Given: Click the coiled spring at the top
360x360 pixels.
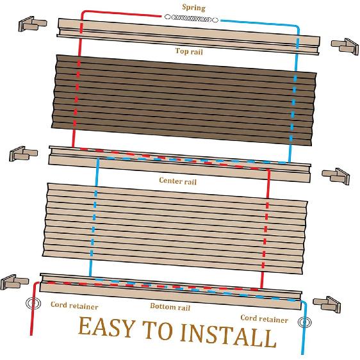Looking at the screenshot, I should coord(188,19).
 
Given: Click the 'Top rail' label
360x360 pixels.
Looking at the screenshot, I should coord(189,51).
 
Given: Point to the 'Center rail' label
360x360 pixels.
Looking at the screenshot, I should coord(177,181).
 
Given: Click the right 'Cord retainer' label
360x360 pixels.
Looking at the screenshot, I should coord(264,318).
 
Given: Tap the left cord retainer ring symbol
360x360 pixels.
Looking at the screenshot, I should coord(30,303).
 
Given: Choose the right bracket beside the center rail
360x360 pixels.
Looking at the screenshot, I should coord(335,175).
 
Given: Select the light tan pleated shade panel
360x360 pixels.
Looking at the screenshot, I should coord(176,227).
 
